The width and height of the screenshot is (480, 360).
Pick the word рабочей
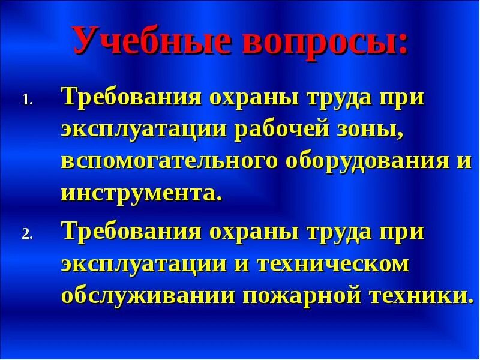[x=278, y=130]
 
